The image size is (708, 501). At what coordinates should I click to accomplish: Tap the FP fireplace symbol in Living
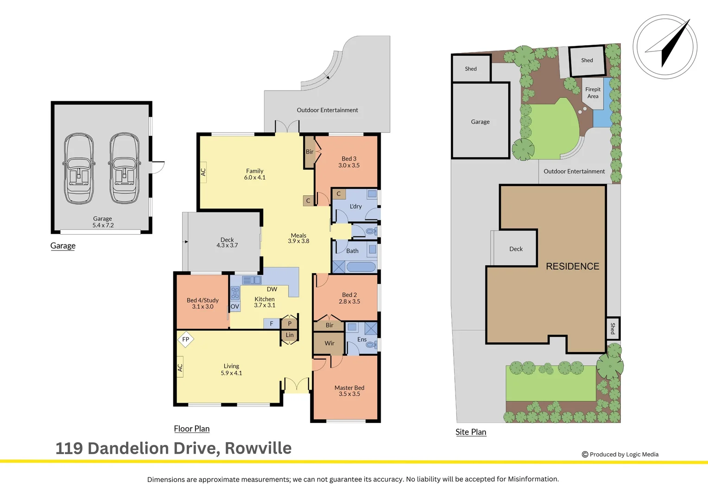[x=186, y=340]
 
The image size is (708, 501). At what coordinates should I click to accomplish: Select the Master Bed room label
[x=349, y=388]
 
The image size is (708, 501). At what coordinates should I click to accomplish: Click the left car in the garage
[x=79, y=169]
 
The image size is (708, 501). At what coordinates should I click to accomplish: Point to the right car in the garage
[x=124, y=169]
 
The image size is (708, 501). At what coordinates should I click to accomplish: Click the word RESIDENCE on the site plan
[x=572, y=266]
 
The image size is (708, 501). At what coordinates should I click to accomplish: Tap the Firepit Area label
[x=593, y=93]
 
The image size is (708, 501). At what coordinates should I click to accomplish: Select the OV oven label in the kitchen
[x=235, y=307]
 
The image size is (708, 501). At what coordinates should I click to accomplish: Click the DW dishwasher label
[x=272, y=289]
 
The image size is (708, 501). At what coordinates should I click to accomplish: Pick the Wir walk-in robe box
[x=329, y=344]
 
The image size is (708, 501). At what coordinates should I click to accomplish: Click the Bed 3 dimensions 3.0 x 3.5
[x=349, y=166]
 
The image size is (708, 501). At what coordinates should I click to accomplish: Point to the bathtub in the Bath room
[x=361, y=267]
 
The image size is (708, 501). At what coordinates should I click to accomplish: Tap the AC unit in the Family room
[x=203, y=172]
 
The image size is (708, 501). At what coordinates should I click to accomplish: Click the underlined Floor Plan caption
[x=192, y=429]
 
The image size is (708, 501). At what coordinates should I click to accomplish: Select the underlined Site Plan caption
[x=471, y=432]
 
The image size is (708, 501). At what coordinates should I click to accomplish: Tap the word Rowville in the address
[x=258, y=448]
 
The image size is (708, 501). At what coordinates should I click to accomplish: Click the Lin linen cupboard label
[x=290, y=335]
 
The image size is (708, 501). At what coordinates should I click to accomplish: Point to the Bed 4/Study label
[x=202, y=300]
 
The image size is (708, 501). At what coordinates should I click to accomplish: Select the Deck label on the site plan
[x=516, y=249]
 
